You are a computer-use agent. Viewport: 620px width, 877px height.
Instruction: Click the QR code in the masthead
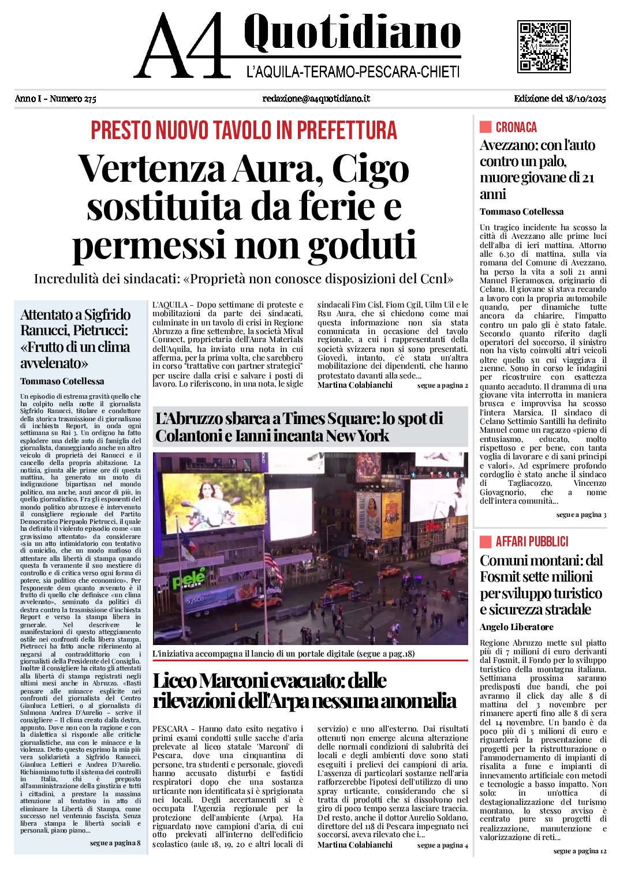click(544, 46)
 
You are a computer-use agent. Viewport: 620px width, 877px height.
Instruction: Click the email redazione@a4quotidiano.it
click(316, 99)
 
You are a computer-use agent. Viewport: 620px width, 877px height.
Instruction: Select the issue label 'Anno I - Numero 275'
click(55, 99)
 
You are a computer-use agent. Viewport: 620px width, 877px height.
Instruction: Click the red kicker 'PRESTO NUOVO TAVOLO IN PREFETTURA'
click(244, 130)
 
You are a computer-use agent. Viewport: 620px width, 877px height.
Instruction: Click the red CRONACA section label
click(516, 128)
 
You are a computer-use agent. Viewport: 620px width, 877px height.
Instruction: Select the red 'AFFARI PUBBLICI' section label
click(532, 541)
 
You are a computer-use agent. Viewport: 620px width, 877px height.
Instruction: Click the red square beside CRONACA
click(485, 127)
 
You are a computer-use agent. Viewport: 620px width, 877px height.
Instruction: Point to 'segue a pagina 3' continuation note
click(581, 515)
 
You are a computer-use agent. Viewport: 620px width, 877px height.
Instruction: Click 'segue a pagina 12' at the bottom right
click(580, 851)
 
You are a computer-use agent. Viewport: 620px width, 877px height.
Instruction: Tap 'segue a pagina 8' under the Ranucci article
click(115, 843)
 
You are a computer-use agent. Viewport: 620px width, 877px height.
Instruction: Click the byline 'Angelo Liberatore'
click(516, 627)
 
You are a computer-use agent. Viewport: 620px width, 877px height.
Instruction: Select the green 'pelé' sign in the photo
click(189, 577)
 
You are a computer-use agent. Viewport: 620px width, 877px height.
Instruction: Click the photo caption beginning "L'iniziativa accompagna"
click(283, 654)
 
